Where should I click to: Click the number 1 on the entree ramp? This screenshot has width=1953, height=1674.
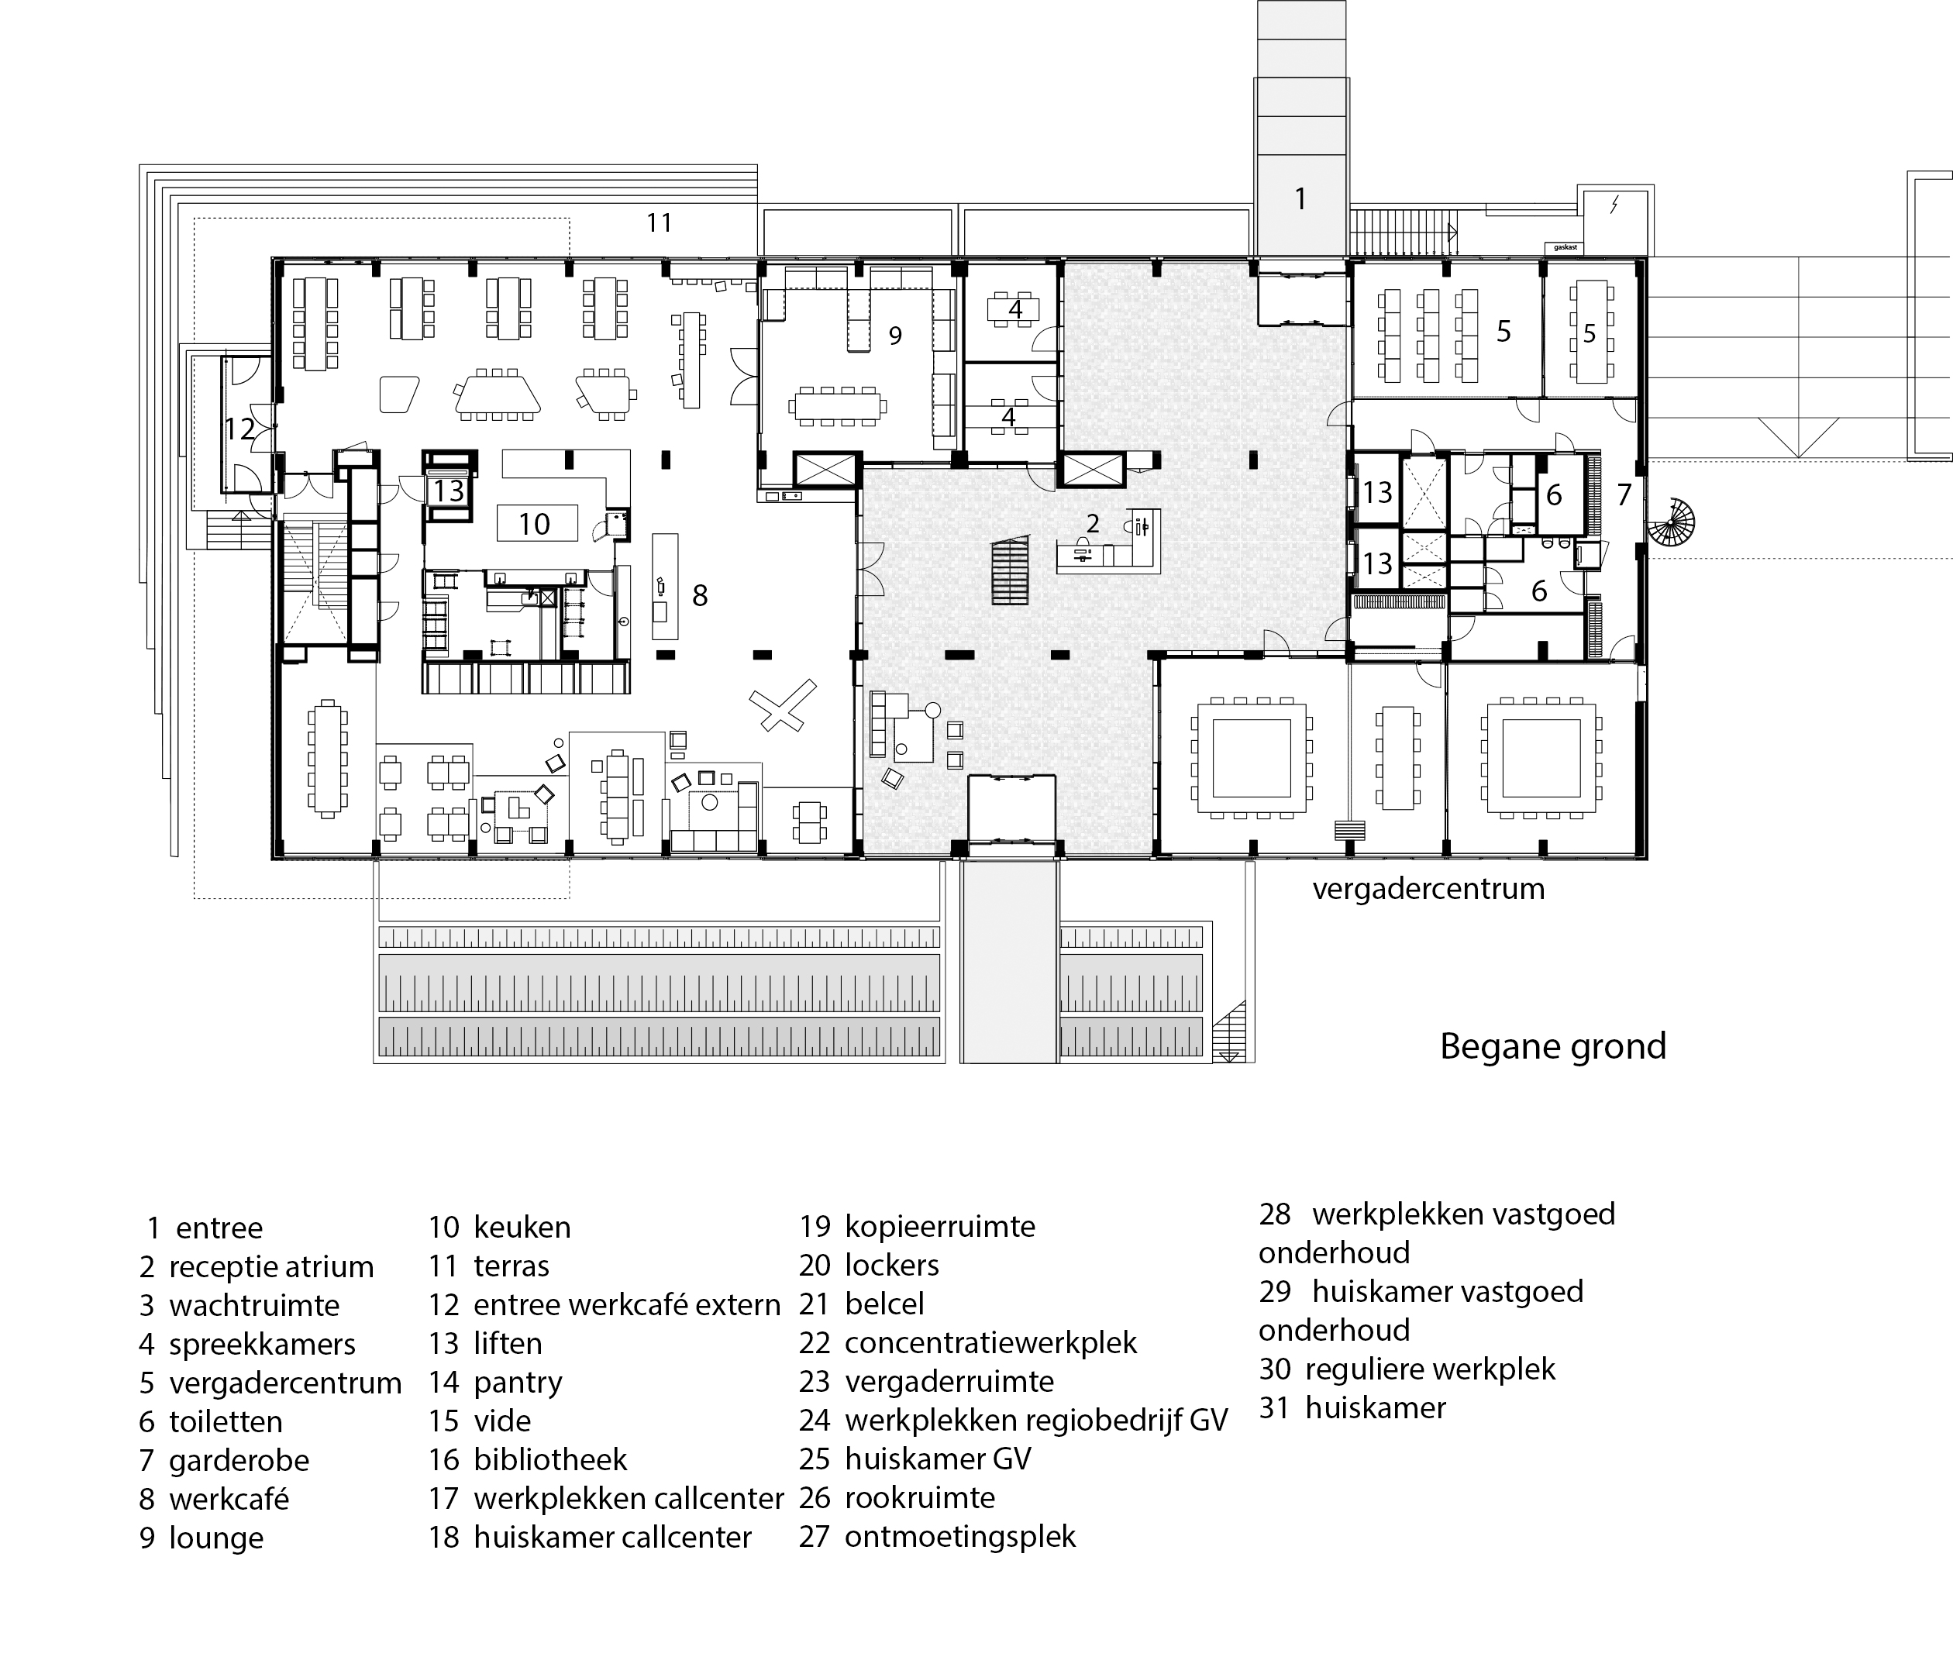tap(1300, 199)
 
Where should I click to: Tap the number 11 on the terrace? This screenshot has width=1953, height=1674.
tap(659, 222)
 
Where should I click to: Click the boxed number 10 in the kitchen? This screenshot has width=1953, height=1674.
tap(535, 523)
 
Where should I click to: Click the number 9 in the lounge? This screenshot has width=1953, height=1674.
tap(895, 335)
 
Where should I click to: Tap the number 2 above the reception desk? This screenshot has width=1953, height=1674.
tap(1093, 523)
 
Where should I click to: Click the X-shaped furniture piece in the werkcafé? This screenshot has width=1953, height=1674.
tap(782, 707)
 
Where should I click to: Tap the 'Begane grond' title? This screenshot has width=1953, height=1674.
tap(1552, 1046)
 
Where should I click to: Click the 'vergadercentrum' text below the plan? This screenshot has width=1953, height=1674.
tap(1428, 889)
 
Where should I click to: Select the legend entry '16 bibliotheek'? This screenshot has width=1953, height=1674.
tap(528, 1459)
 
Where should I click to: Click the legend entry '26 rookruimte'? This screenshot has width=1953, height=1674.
tap(897, 1498)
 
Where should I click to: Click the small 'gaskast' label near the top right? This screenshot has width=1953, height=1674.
tap(1562, 248)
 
